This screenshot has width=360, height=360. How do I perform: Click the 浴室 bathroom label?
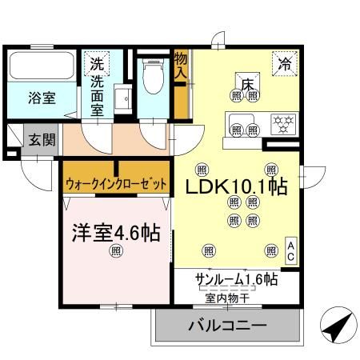tap(42, 98)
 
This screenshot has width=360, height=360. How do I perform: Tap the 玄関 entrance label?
tap(42, 140)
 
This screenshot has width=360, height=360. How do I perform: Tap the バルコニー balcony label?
tap(227, 327)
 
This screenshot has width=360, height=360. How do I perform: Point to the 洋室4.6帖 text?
tap(114, 234)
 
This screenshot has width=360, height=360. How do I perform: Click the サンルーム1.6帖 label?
tap(237, 280)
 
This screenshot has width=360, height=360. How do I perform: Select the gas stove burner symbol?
tap(281, 125)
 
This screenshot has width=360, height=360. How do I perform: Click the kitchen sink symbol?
tap(238, 126)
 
